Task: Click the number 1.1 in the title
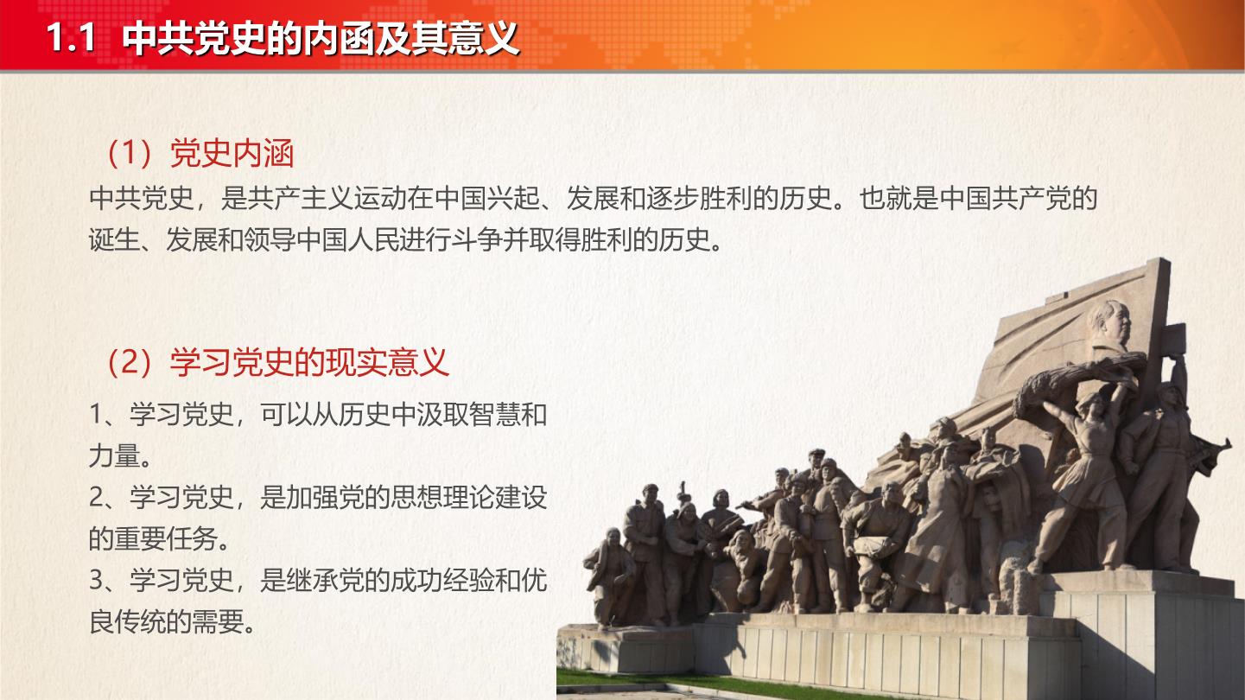pyautogui.click(x=71, y=38)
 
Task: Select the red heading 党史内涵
pyautogui.click(x=232, y=153)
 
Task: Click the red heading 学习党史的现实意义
pyautogui.click(x=309, y=362)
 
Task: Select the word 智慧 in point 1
pyautogui.click(x=495, y=414)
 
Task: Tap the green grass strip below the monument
pyautogui.click(x=722, y=684)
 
